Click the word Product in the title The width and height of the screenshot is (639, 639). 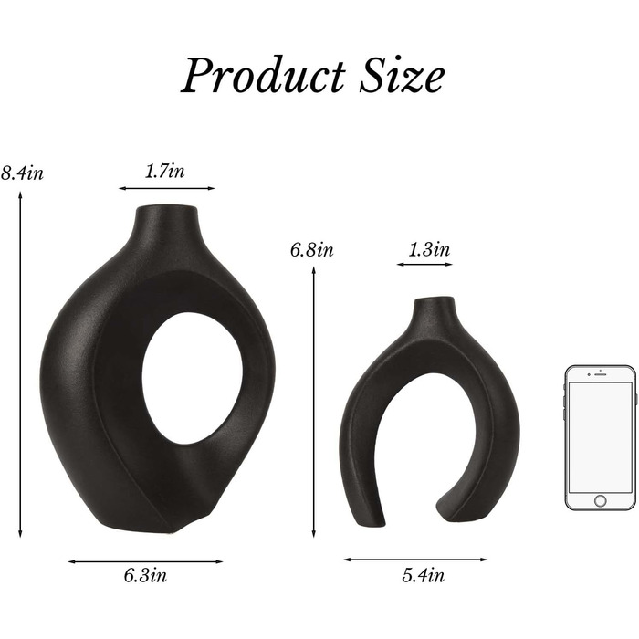[x=263, y=75]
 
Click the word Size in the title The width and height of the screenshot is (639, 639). [x=402, y=75]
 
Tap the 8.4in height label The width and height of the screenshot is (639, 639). [x=22, y=173]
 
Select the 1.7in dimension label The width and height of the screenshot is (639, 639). [x=165, y=171]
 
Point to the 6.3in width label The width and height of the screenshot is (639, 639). [x=145, y=575]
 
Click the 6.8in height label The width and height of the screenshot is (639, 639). [x=312, y=249]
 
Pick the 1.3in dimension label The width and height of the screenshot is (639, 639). [x=429, y=249]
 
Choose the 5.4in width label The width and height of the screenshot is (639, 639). [x=423, y=575]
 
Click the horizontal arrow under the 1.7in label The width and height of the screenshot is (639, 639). [x=166, y=188]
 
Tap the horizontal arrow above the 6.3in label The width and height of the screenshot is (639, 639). [x=145, y=561]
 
